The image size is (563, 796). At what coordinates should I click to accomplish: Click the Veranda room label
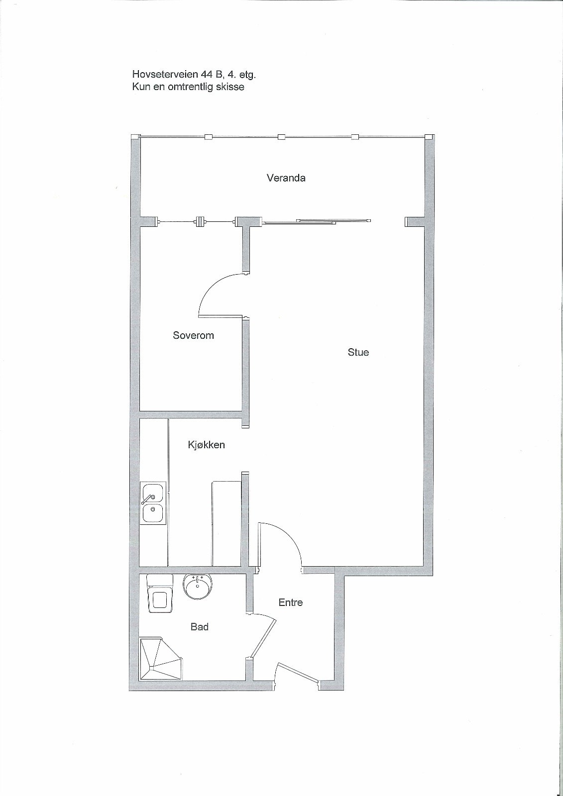[286, 178]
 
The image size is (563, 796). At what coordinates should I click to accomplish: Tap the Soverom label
[193, 335]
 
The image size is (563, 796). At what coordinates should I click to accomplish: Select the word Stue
[358, 352]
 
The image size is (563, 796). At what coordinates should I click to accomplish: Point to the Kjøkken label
[206, 445]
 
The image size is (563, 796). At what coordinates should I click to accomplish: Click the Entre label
[291, 602]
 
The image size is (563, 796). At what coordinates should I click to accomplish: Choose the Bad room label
[199, 627]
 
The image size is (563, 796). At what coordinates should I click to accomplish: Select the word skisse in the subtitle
[231, 87]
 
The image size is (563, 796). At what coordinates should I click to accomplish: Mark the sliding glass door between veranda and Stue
[317, 221]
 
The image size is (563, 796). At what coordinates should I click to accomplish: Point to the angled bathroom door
[263, 638]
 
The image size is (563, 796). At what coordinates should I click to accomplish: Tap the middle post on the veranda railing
[282, 136]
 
